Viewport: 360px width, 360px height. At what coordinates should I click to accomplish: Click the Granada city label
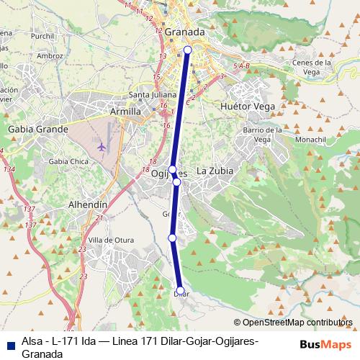[x=184, y=32]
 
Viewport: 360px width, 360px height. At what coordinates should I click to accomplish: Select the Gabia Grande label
[x=37, y=129]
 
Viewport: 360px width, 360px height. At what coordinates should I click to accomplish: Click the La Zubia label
[x=214, y=171]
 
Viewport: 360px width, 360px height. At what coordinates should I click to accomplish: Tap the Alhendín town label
[x=87, y=205]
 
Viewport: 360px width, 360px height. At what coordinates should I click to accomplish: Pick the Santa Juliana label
[x=148, y=95]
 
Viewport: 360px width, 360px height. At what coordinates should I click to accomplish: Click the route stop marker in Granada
[x=188, y=50]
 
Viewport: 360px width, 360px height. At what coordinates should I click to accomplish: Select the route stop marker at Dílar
[x=180, y=292]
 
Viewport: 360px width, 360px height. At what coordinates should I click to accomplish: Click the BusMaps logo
[x=326, y=343]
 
